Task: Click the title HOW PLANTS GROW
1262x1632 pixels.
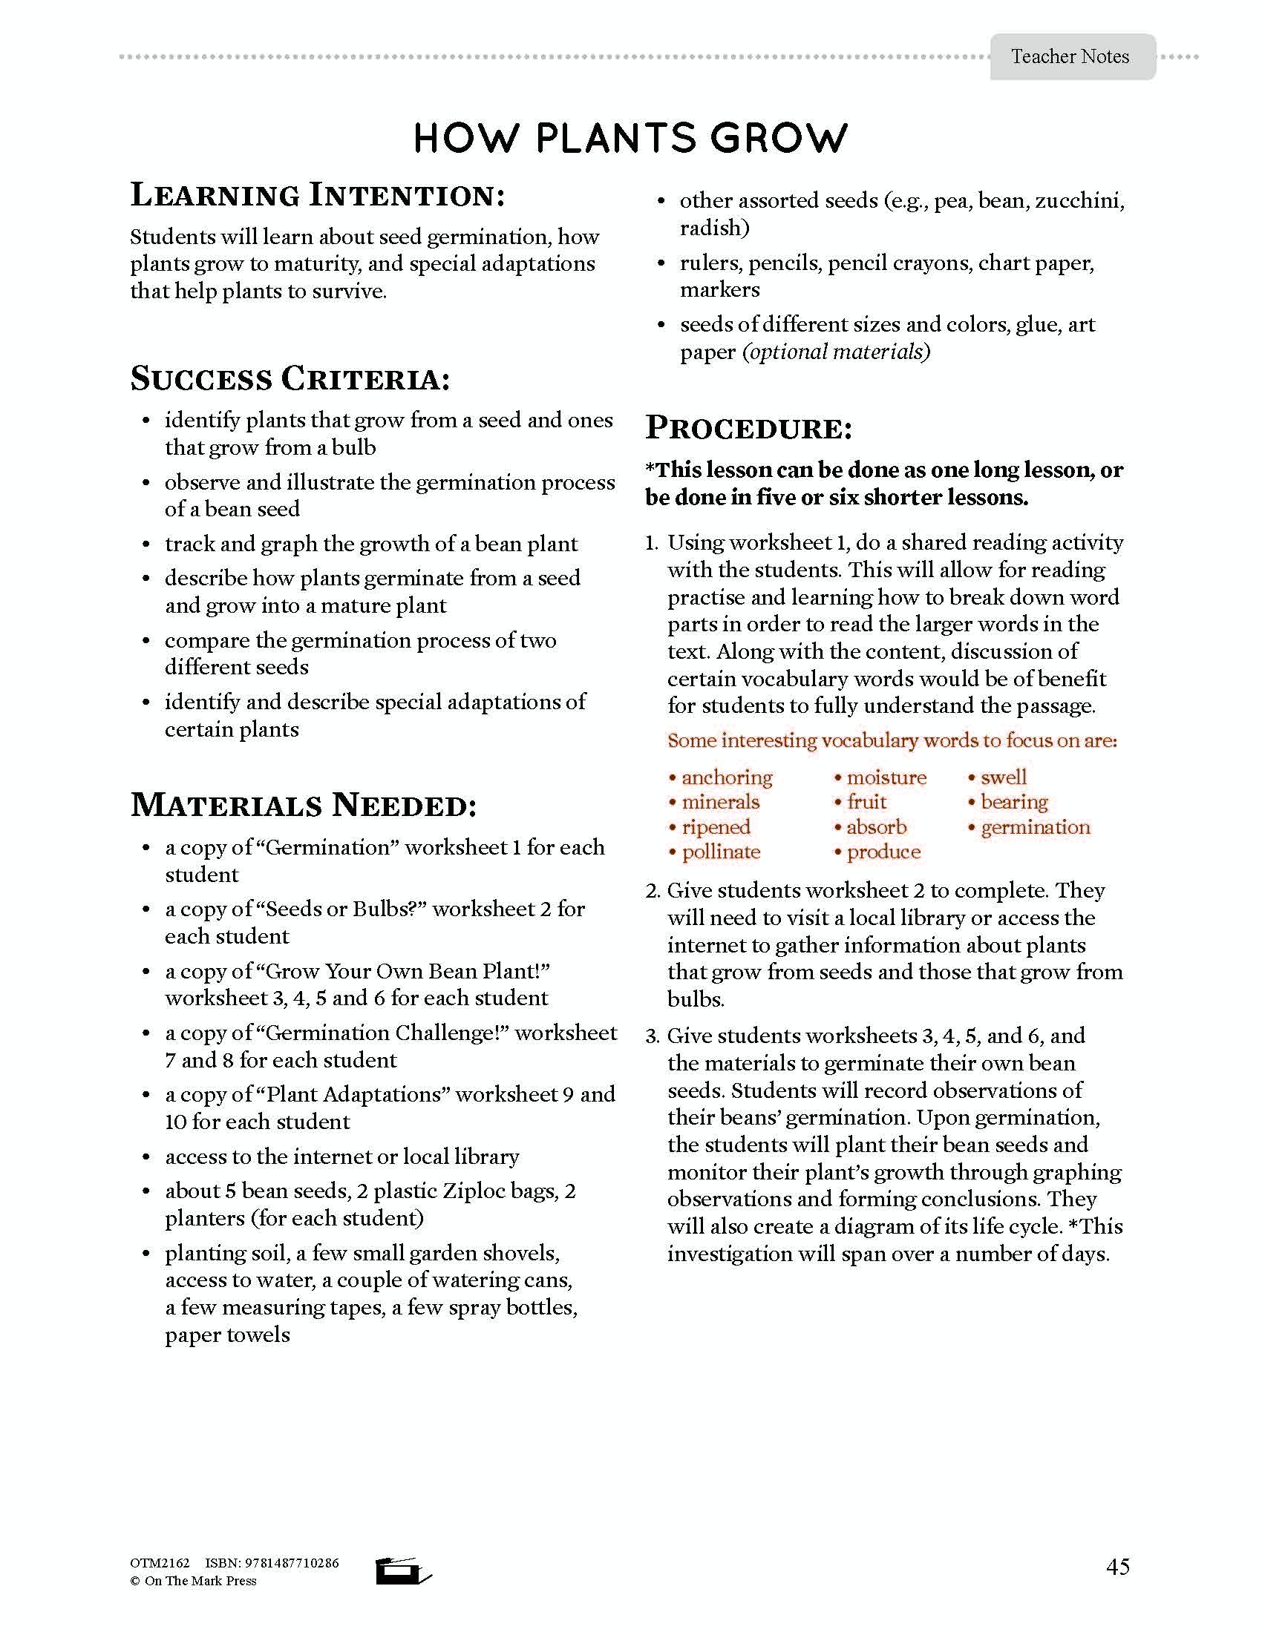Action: [x=630, y=138]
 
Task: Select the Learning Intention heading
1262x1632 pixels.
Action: [x=318, y=196]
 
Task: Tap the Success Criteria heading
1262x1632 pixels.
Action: [x=291, y=378]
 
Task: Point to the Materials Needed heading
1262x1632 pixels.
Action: [x=304, y=805]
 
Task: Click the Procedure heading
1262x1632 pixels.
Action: [x=748, y=428]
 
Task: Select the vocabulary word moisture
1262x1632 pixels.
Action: [x=886, y=777]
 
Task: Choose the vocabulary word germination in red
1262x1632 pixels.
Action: [x=1036, y=827]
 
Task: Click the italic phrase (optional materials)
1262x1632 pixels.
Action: [x=836, y=351]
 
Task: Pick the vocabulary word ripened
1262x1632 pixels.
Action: [x=716, y=827]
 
